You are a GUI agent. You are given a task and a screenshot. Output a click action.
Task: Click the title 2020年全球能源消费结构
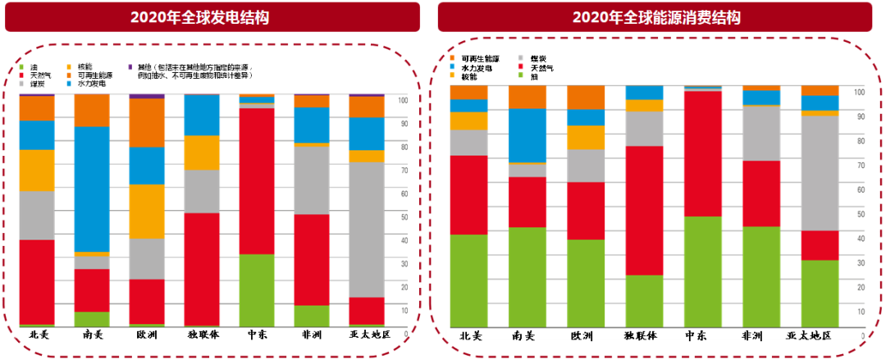coord(656,17)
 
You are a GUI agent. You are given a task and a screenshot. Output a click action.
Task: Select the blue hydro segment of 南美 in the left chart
coord(92,189)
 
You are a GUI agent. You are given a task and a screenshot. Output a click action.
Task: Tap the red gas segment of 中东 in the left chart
coord(257,180)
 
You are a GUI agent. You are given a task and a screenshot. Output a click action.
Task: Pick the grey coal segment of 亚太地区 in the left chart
coord(367,230)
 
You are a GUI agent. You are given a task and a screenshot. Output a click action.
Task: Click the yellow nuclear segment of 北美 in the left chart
coord(37,171)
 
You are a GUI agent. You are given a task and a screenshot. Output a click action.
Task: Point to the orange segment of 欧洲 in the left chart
coord(147,123)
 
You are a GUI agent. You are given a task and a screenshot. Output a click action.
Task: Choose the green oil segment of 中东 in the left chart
coord(257,290)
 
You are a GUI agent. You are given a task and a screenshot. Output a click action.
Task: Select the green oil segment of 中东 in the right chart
coord(703,271)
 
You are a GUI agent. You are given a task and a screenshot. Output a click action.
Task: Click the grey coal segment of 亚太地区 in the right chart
coord(820,173)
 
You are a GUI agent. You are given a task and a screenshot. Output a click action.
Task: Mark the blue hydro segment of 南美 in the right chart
coord(527,135)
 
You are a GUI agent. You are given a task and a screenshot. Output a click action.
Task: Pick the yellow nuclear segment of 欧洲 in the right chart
coord(586,138)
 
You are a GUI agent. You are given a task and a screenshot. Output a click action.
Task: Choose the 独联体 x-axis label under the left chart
coord(202,335)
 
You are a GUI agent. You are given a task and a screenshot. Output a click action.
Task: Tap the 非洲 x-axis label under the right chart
coord(760,335)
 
